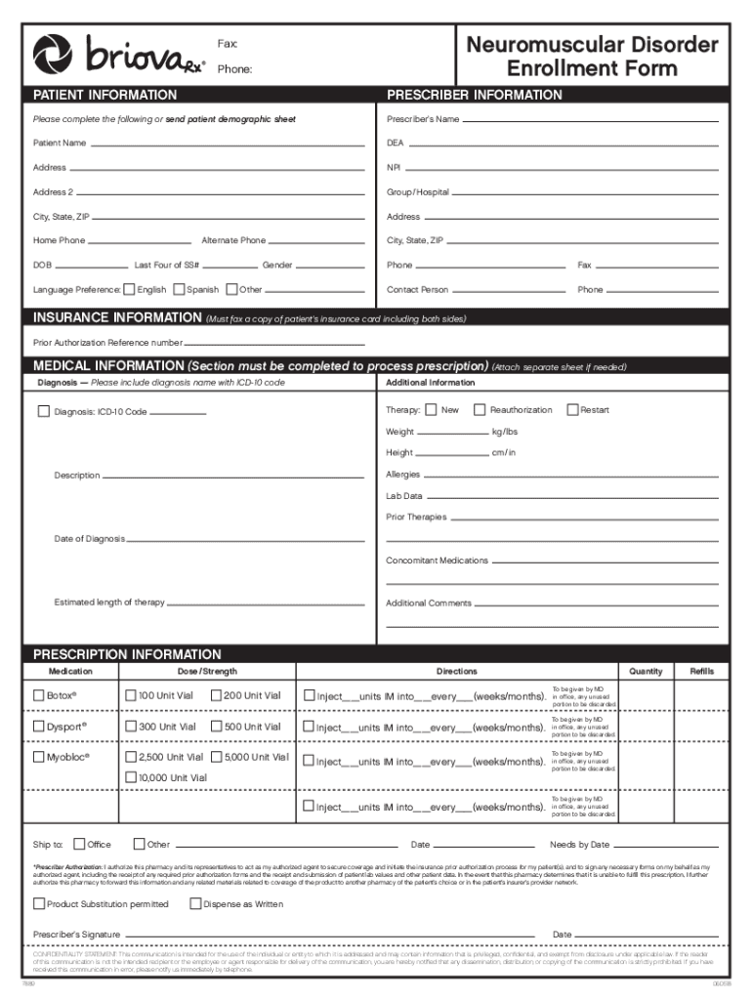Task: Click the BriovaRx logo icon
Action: (x=57, y=58)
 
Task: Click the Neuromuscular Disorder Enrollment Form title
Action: (x=592, y=57)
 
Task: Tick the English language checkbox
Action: (x=129, y=289)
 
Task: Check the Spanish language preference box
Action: (x=178, y=289)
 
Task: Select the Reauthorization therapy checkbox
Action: (x=480, y=409)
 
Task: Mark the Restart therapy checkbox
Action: (x=572, y=409)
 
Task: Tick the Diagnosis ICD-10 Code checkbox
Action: (x=43, y=411)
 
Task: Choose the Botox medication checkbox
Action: (x=39, y=695)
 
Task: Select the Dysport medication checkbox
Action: (x=39, y=727)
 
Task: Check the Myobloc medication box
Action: (x=39, y=757)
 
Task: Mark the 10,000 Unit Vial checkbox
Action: (x=130, y=777)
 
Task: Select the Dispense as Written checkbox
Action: (x=195, y=903)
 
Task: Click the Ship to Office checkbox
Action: (x=79, y=844)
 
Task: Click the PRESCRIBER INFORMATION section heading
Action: (x=474, y=95)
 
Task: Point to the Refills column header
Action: (x=701, y=671)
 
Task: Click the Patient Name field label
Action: (x=60, y=144)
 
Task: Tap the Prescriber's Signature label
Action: (x=76, y=935)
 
